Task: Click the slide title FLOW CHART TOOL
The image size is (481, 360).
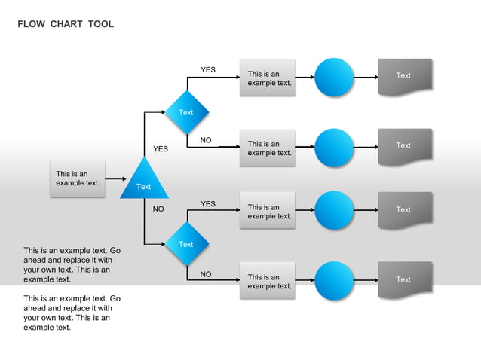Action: click(66, 24)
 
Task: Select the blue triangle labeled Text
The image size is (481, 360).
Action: click(144, 182)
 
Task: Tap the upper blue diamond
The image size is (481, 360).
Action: click(186, 112)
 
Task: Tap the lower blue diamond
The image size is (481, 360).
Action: click(186, 244)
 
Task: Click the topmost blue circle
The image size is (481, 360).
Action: click(334, 77)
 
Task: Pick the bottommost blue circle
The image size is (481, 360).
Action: click(334, 281)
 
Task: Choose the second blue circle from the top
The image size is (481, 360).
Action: click(334, 147)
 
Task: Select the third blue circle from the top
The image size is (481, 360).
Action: click(334, 210)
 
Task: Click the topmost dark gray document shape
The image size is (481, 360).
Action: click(405, 76)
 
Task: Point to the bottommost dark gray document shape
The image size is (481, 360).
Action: click(405, 280)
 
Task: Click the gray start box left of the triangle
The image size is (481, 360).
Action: click(78, 178)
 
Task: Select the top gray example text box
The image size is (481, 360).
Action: click(268, 78)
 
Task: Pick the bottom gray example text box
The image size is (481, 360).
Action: click(268, 281)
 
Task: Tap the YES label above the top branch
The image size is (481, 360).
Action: click(208, 70)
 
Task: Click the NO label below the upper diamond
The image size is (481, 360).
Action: click(206, 140)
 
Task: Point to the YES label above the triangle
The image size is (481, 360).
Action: click(161, 149)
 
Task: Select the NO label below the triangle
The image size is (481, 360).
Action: click(158, 209)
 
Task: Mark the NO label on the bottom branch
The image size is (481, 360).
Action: click(206, 274)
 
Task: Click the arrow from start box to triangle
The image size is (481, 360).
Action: click(115, 179)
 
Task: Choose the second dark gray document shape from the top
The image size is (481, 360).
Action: click(405, 146)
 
